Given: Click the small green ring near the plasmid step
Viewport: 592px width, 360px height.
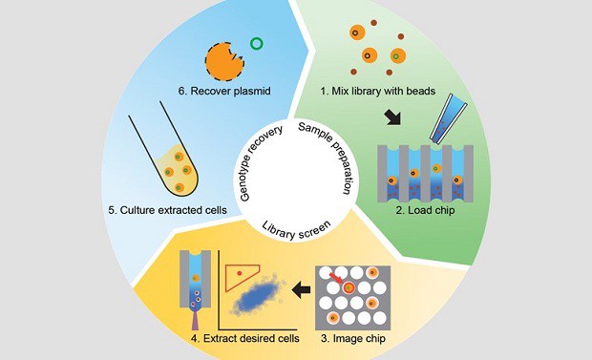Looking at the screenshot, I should pyautogui.click(x=255, y=43).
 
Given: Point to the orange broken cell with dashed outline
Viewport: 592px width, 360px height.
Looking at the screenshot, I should pyautogui.click(x=226, y=60).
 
